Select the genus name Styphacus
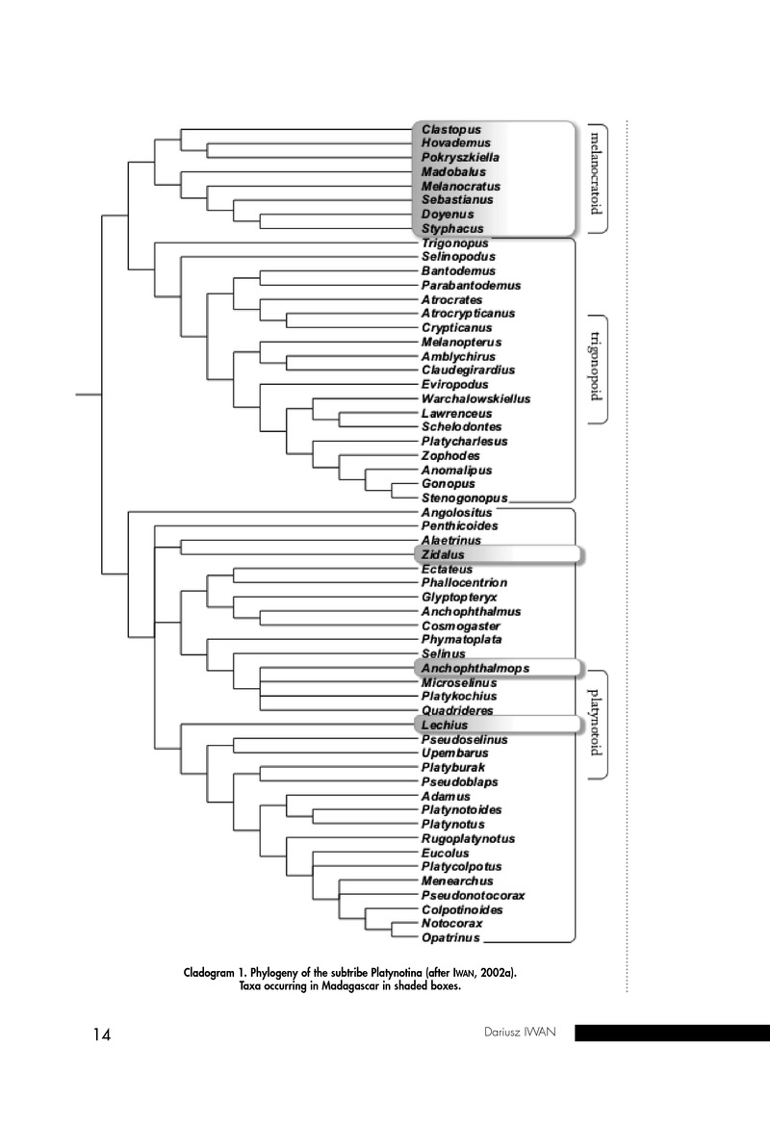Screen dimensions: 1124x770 pyautogui.click(x=451, y=229)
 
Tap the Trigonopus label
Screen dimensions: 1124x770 pyautogui.click(x=454, y=243)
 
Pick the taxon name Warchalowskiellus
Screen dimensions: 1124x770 pyautogui.click(x=475, y=398)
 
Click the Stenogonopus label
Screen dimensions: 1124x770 pyautogui.click(x=464, y=498)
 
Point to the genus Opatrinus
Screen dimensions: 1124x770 pyautogui.click(x=450, y=937)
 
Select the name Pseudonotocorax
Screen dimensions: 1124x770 pyautogui.click(x=473, y=895)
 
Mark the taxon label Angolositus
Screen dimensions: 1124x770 pyautogui.click(x=456, y=513)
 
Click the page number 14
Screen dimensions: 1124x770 pyautogui.click(x=102, y=1035)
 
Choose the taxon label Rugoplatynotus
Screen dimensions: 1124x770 pyautogui.click(x=468, y=838)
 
